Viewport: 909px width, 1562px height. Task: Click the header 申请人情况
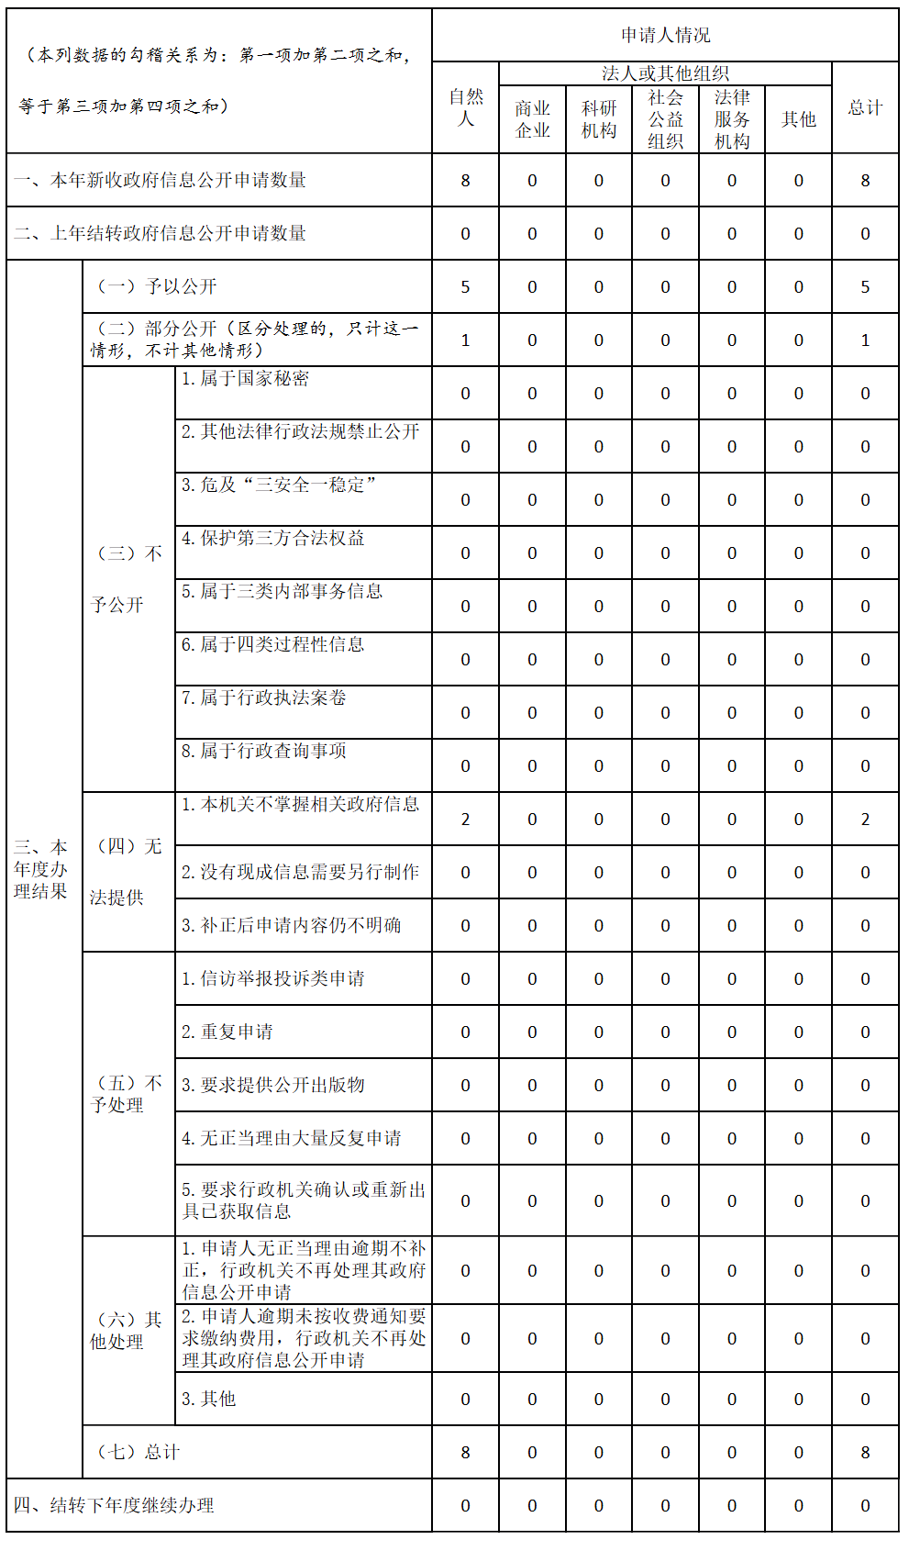click(x=665, y=36)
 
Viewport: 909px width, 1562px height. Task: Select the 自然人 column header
click(x=465, y=108)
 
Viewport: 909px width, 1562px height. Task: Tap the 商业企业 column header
click(x=532, y=119)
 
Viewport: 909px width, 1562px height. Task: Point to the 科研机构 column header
click(x=598, y=119)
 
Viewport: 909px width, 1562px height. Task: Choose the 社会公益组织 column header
click(x=665, y=119)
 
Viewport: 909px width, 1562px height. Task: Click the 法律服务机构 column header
click(x=732, y=119)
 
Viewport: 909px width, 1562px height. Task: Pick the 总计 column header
click(x=865, y=108)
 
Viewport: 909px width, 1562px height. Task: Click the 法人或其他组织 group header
click(x=665, y=73)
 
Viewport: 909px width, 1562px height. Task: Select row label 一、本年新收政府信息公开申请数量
click(x=161, y=180)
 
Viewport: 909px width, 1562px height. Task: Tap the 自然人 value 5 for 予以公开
click(x=465, y=287)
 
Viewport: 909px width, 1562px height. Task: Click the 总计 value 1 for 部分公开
click(x=865, y=340)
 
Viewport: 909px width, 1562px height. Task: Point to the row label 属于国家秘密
click(x=245, y=379)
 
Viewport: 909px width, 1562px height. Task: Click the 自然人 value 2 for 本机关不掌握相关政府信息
click(x=465, y=820)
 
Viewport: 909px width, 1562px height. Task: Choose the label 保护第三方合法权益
click(x=272, y=539)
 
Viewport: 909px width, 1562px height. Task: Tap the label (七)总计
click(x=138, y=1452)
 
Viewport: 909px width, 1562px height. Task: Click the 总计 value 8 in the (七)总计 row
click(x=865, y=1453)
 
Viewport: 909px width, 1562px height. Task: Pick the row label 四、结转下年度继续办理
click(x=114, y=1505)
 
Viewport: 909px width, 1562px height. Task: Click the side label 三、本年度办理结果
click(x=40, y=869)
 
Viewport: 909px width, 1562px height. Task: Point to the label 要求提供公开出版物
click(x=272, y=1085)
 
